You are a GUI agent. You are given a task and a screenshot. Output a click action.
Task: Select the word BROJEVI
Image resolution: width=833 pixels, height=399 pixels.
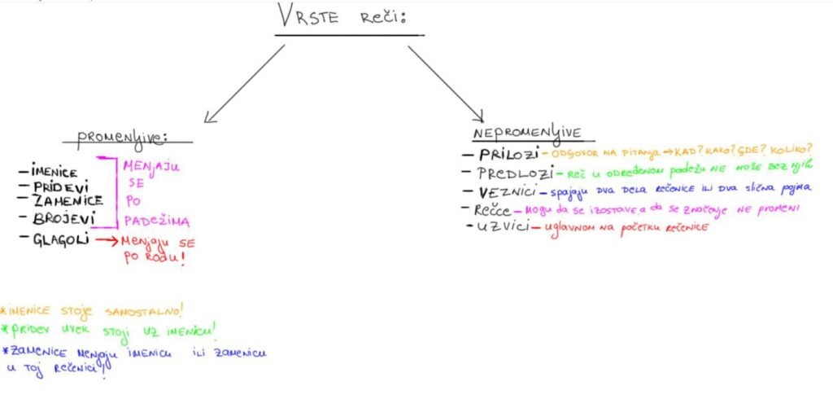point(64,218)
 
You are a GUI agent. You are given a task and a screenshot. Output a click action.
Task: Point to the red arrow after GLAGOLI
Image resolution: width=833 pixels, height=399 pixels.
point(106,240)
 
